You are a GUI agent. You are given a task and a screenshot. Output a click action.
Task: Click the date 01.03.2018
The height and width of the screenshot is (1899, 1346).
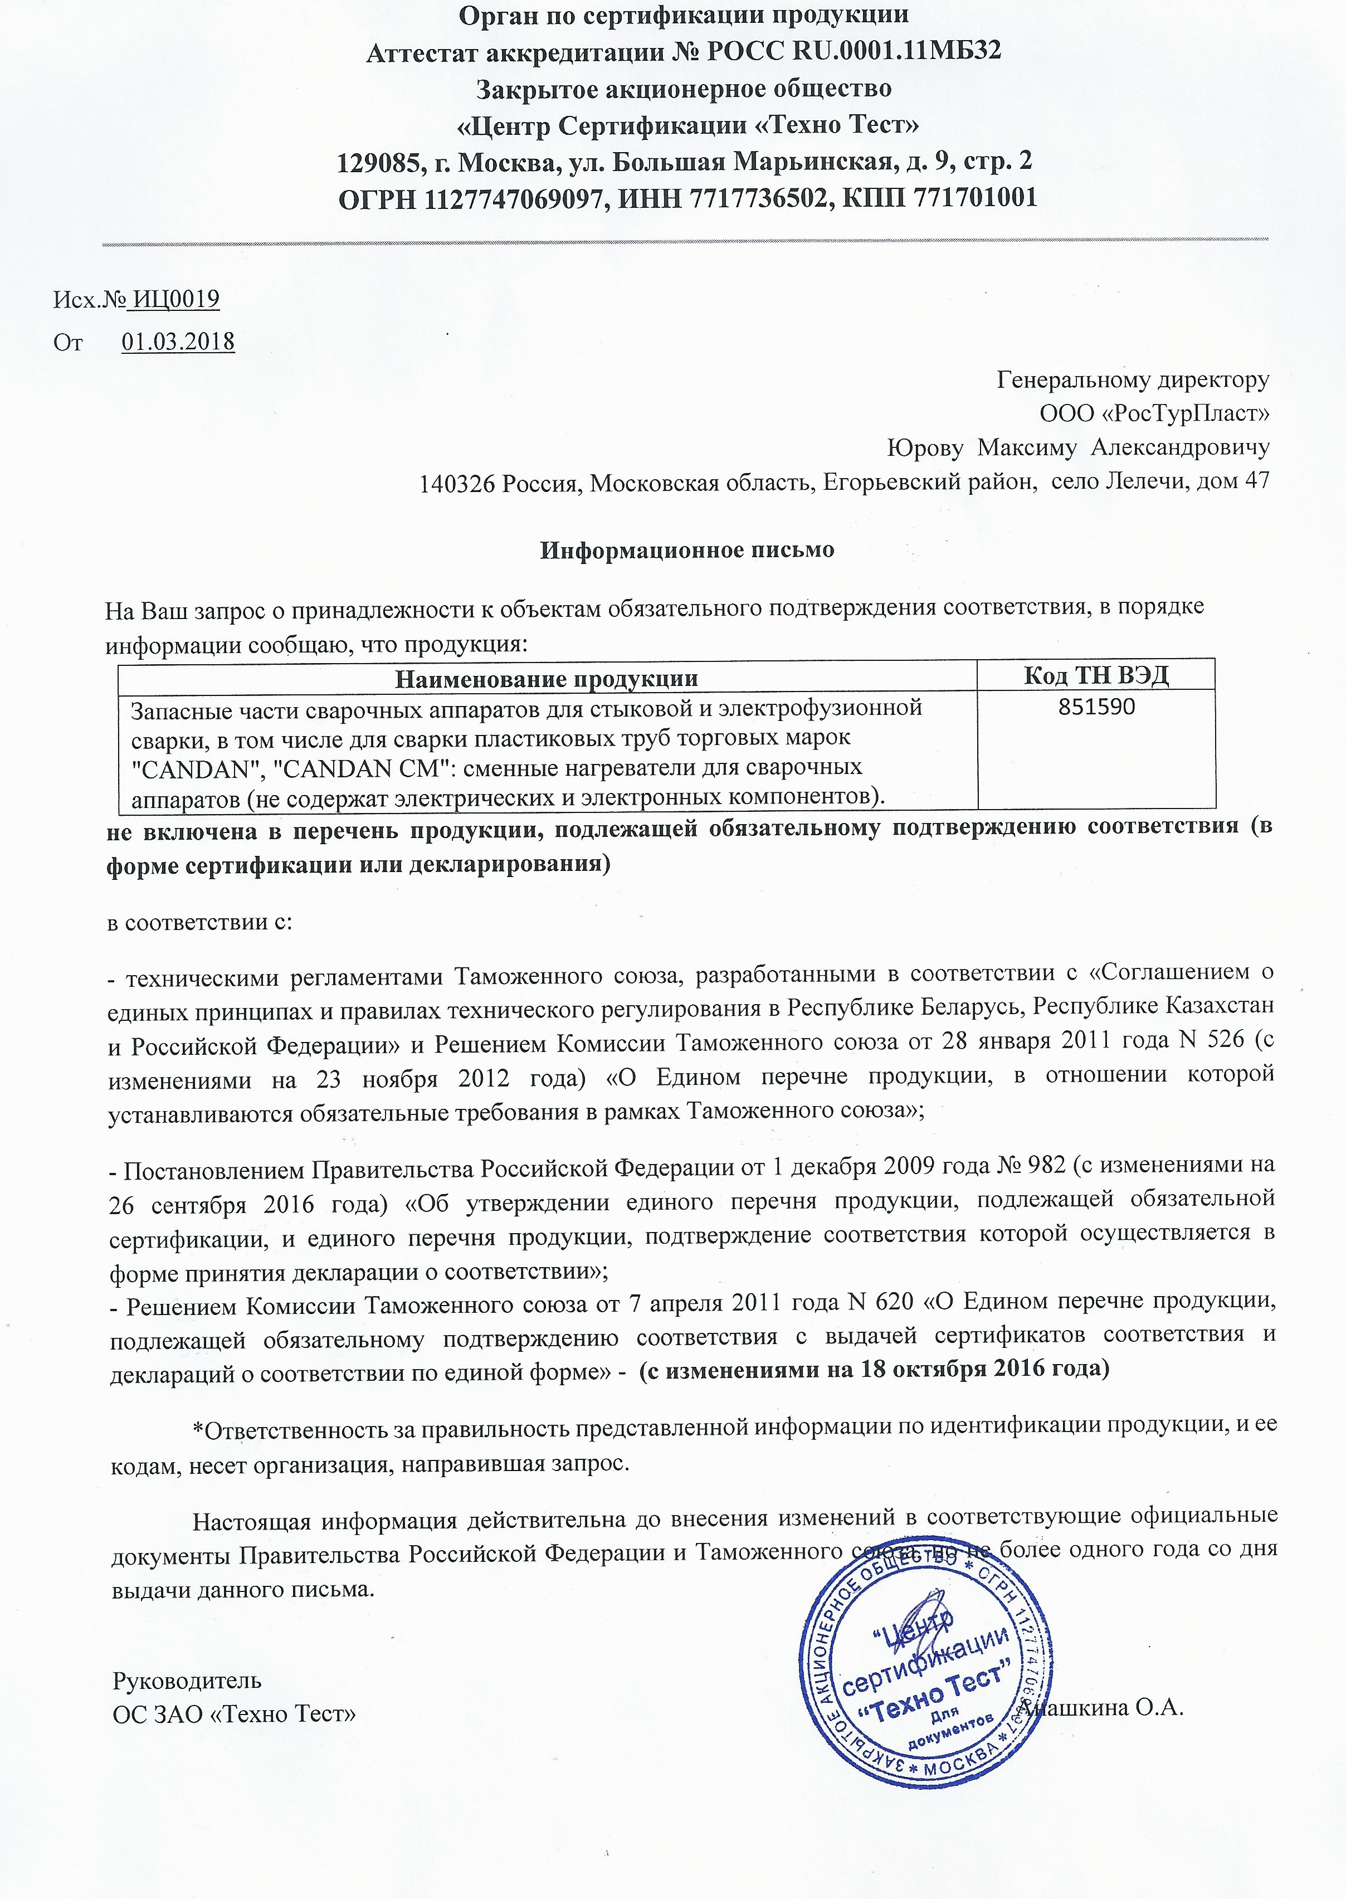[x=178, y=342]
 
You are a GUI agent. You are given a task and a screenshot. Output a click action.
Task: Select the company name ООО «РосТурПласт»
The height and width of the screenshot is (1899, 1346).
[x=1154, y=413]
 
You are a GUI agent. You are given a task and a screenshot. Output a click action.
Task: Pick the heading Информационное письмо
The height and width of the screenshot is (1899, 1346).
[x=687, y=549]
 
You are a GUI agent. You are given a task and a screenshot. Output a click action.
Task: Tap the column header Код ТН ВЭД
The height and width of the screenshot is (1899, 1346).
[x=1096, y=675]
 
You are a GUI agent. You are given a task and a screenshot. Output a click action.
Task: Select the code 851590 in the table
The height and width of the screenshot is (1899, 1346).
[x=1096, y=707]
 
